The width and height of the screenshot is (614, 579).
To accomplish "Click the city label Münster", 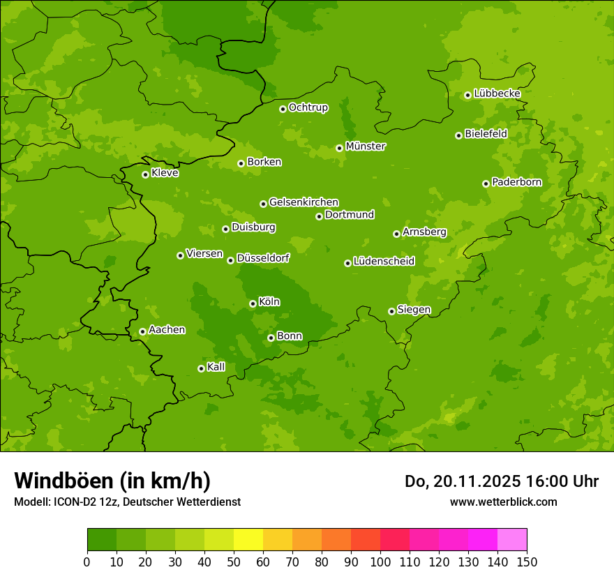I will tap(366, 146).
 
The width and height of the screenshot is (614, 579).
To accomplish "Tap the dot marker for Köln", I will tap(253, 303).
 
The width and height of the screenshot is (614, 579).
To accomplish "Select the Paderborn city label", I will tap(516, 182).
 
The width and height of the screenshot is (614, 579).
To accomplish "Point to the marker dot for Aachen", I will tap(142, 331).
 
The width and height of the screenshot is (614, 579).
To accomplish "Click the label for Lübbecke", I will tap(497, 93).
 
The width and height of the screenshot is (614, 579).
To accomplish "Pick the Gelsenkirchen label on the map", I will tap(304, 202).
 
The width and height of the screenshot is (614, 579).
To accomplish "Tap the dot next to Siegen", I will tap(391, 311).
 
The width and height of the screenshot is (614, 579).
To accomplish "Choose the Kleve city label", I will tap(165, 173).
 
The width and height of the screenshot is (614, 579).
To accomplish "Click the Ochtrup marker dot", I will tap(283, 109).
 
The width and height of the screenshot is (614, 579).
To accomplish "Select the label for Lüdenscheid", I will tap(384, 262).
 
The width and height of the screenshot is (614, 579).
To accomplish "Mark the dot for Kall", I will tap(201, 368).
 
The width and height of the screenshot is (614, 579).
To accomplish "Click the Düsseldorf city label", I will tap(262, 258).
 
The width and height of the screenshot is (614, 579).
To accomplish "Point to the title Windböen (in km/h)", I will tap(112, 481).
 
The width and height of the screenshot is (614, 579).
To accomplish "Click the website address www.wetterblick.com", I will tap(503, 502).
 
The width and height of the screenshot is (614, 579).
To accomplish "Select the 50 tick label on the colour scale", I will tap(234, 562).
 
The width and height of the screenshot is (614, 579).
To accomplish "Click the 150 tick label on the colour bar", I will tap(527, 562).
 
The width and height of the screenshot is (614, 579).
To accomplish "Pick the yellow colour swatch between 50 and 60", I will tap(248, 540).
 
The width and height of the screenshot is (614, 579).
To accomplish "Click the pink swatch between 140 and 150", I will tap(512, 540).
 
